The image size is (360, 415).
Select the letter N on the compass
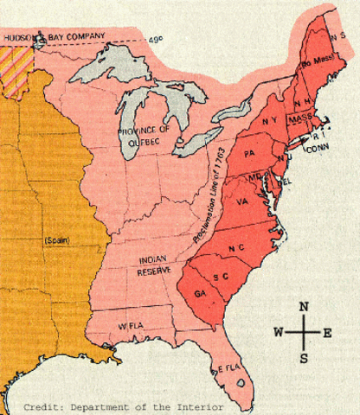pyautogui.click(x=304, y=307)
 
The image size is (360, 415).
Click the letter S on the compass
pyautogui.click(x=304, y=356)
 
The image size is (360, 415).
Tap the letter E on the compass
pyautogui.click(x=327, y=332)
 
